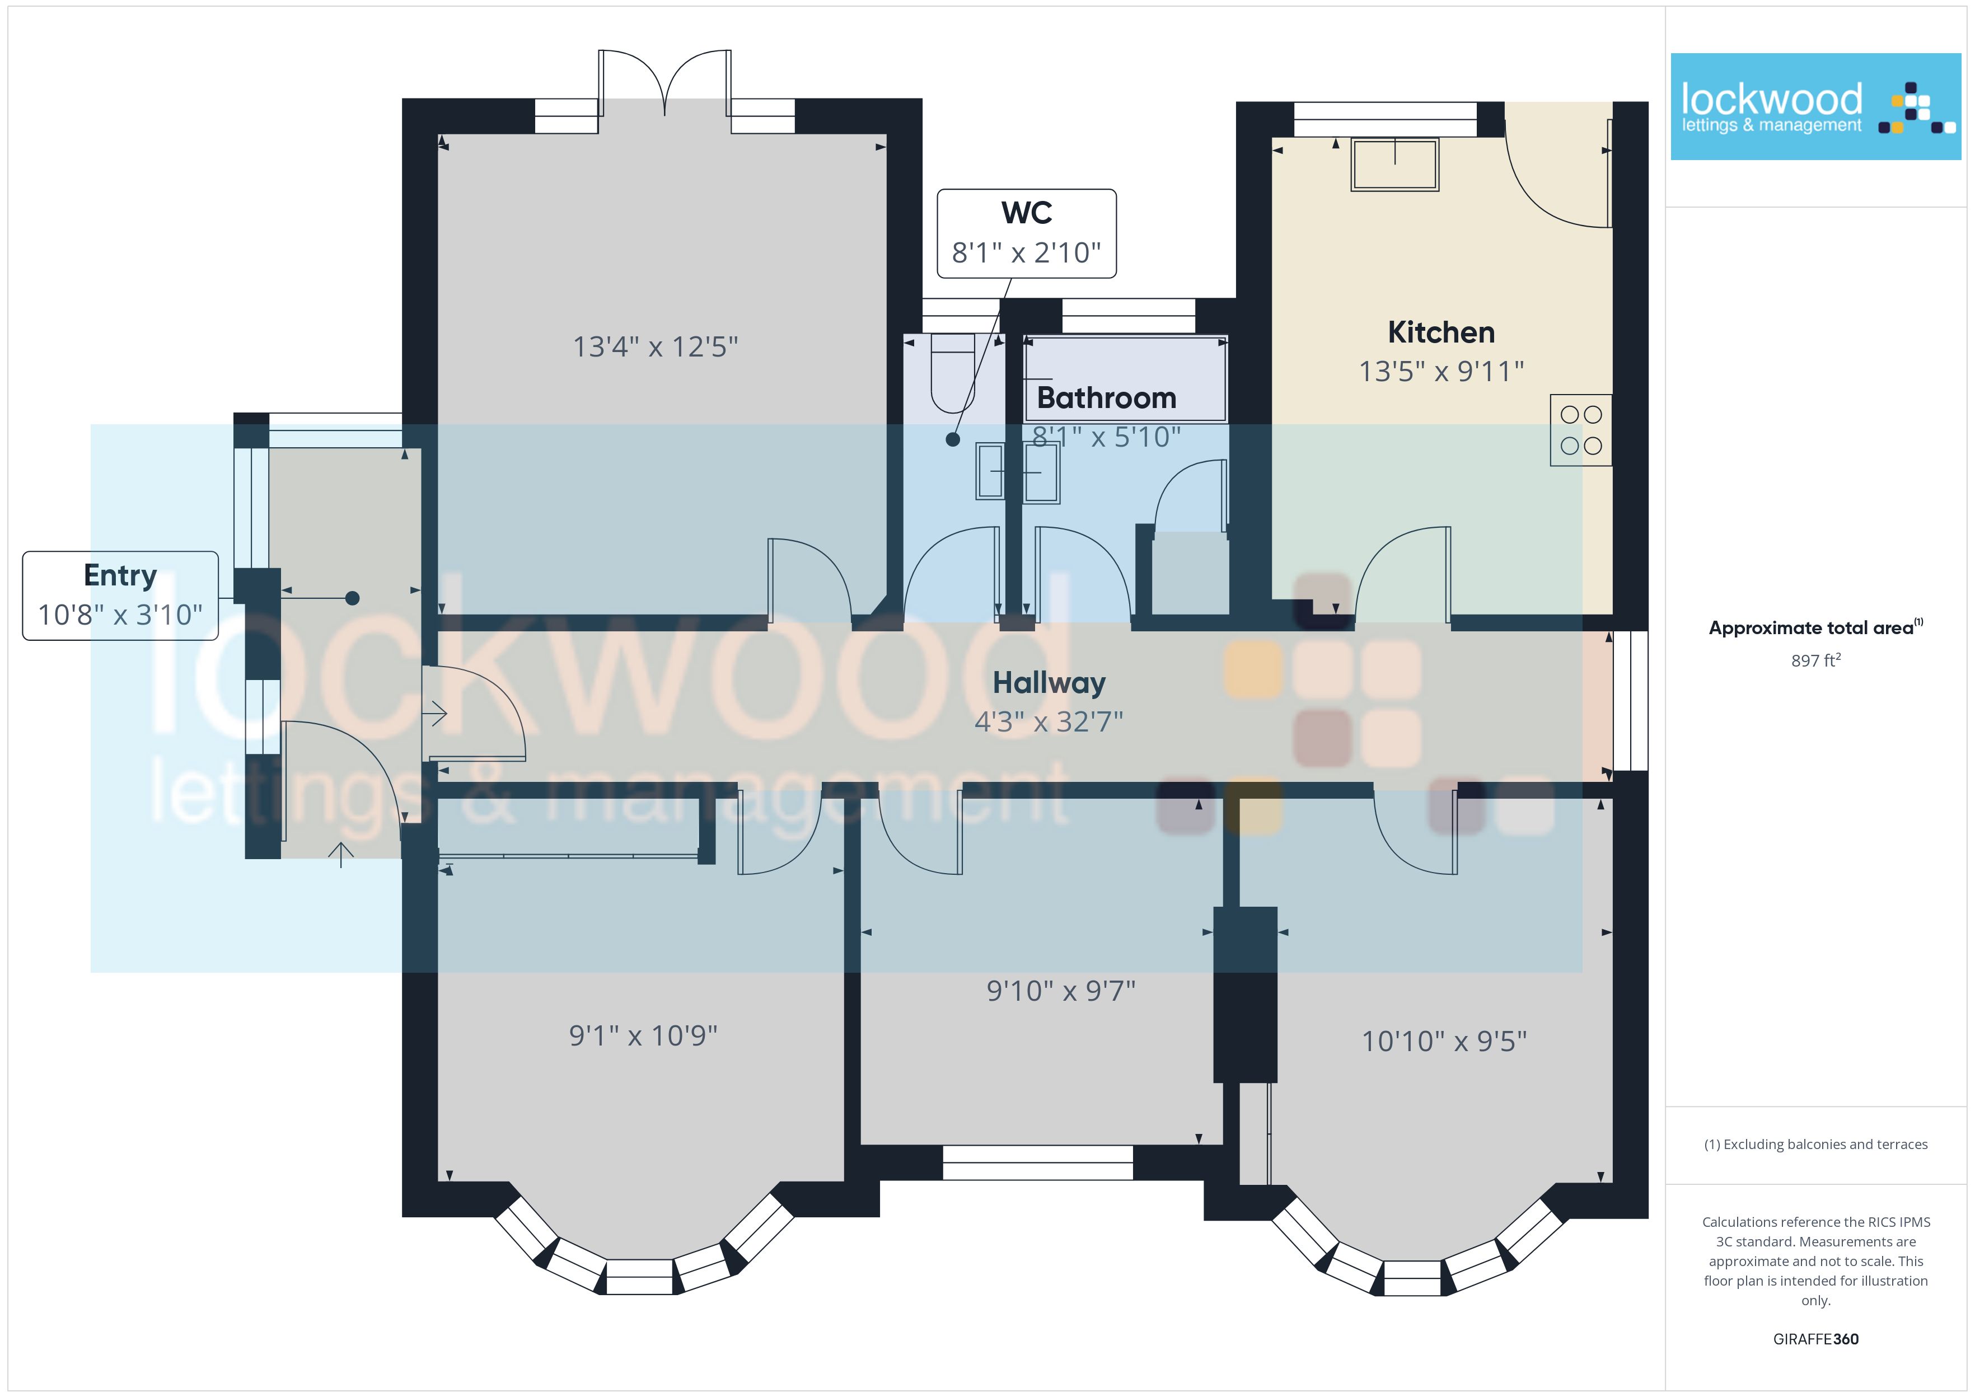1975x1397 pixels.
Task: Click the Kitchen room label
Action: click(1441, 332)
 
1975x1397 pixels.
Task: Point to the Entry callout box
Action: click(120, 596)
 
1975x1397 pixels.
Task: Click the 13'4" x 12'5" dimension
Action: click(656, 346)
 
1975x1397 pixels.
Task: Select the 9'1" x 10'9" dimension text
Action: click(643, 1035)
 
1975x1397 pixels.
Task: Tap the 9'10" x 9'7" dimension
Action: click(1061, 991)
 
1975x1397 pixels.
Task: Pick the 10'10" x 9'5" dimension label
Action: click(1444, 1041)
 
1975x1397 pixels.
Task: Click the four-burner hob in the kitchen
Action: click(1581, 430)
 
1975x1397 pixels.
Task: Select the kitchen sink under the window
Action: click(1394, 165)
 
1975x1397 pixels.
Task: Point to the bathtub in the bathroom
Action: click(1125, 378)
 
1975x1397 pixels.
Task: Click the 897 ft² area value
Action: click(1816, 660)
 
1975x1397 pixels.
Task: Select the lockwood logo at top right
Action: click(1816, 107)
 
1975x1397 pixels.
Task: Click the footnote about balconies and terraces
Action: click(1816, 1144)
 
